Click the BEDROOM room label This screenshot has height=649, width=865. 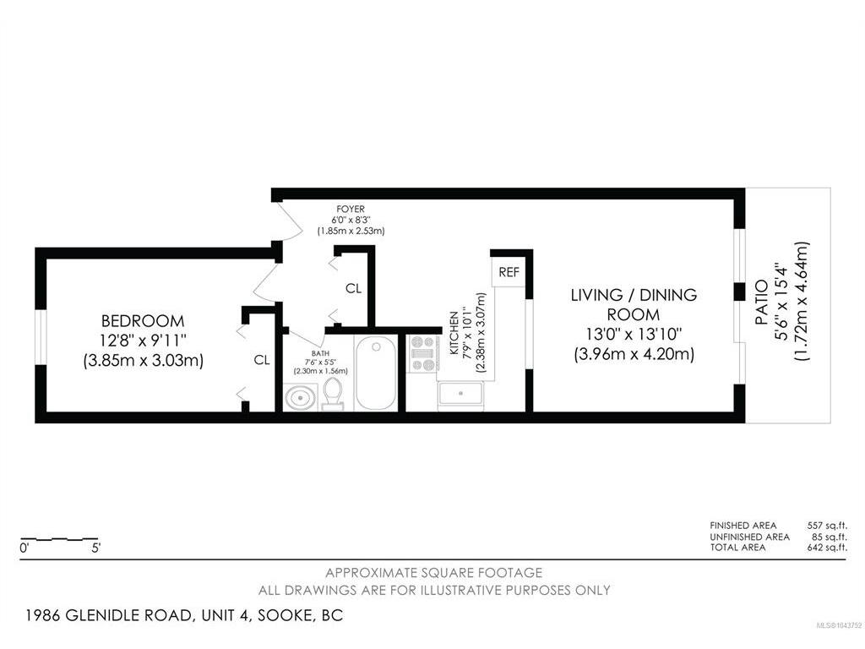point(143,320)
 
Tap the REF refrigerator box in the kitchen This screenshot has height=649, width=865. point(509,272)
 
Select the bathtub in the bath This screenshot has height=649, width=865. point(376,373)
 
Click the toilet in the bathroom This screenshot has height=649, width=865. point(333,394)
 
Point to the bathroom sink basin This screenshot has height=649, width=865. point(301,397)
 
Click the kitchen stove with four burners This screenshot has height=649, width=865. point(423,353)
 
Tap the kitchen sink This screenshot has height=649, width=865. point(460,395)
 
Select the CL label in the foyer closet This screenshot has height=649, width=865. point(354,288)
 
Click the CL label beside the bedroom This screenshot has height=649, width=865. point(262,360)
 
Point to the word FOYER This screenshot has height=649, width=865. point(351,210)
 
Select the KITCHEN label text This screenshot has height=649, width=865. point(454,333)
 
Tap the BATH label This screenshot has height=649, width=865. point(320,353)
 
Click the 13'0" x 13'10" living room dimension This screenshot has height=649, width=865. point(634,334)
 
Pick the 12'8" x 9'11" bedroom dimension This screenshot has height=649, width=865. point(143,341)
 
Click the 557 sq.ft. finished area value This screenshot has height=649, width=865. point(827,526)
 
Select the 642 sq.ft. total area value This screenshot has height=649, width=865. point(827,548)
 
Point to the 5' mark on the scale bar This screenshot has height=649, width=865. point(96,548)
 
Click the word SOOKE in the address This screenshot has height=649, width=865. point(285,615)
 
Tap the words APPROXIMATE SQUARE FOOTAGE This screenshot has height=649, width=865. point(433,573)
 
